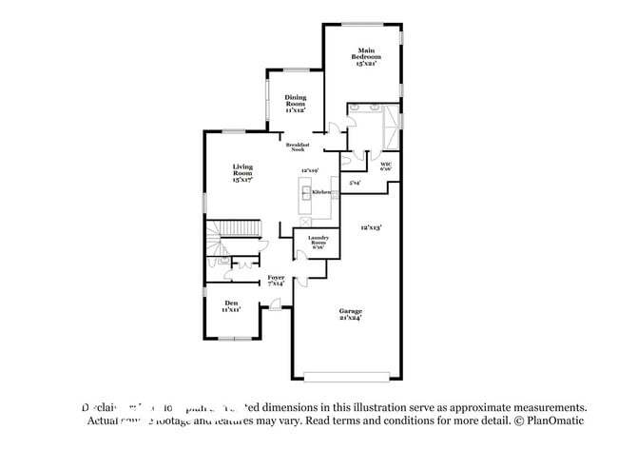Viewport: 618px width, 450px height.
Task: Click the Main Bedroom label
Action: pos(367,56)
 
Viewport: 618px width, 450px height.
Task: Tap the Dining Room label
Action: pos(296,103)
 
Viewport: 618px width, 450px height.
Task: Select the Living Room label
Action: pos(243,172)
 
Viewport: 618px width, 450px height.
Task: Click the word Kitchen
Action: pos(320,192)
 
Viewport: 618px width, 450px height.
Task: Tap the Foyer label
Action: pos(276,280)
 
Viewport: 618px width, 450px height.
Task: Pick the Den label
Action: pos(231,306)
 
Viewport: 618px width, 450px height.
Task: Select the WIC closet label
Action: pos(386,166)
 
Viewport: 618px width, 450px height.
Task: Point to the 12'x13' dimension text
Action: pos(372,227)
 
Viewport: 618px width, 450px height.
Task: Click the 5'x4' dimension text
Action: pos(355,183)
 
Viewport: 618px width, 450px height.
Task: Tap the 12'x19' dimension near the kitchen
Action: pos(309,171)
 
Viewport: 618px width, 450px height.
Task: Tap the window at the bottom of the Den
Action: pos(234,338)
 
